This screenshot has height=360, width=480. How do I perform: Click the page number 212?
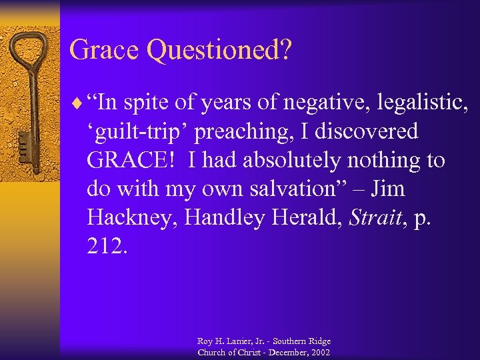click(x=105, y=247)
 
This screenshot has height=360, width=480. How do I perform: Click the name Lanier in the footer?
click(x=232, y=341)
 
